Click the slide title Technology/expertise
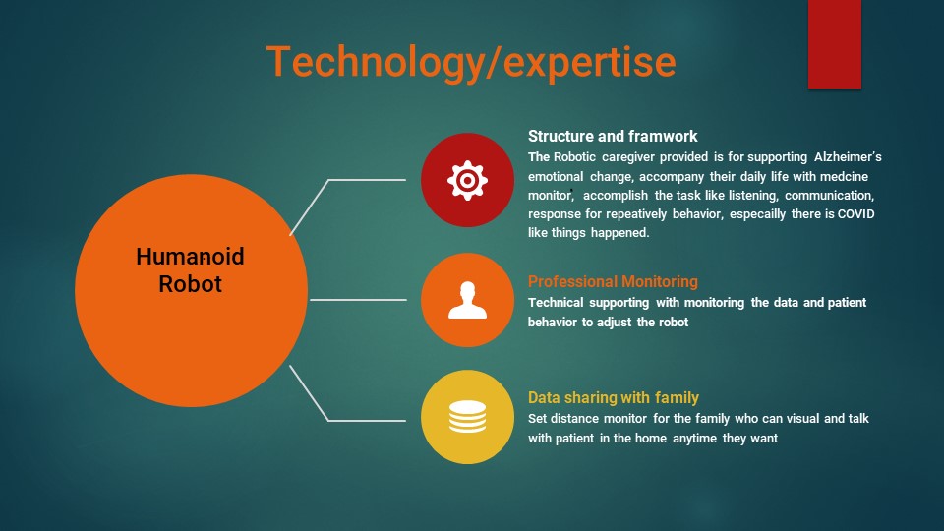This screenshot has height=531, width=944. coord(471,63)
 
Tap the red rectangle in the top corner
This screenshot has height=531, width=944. coord(835,44)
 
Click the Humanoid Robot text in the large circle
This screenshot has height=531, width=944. coord(190,269)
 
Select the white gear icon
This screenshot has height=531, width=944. coord(467,180)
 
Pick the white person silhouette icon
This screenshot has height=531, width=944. coord(467,300)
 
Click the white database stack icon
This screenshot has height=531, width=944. coord(467,417)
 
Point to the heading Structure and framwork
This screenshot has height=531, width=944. coord(613,136)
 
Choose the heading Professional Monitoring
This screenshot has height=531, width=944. coord(613,282)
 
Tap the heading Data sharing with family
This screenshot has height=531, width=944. coord(613,398)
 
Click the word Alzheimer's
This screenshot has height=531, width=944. coord(848,157)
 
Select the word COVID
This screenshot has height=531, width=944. coord(855,213)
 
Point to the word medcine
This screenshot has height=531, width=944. coord(844,176)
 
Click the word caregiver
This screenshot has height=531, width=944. coord(627,157)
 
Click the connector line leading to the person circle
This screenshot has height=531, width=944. coord(358,299)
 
